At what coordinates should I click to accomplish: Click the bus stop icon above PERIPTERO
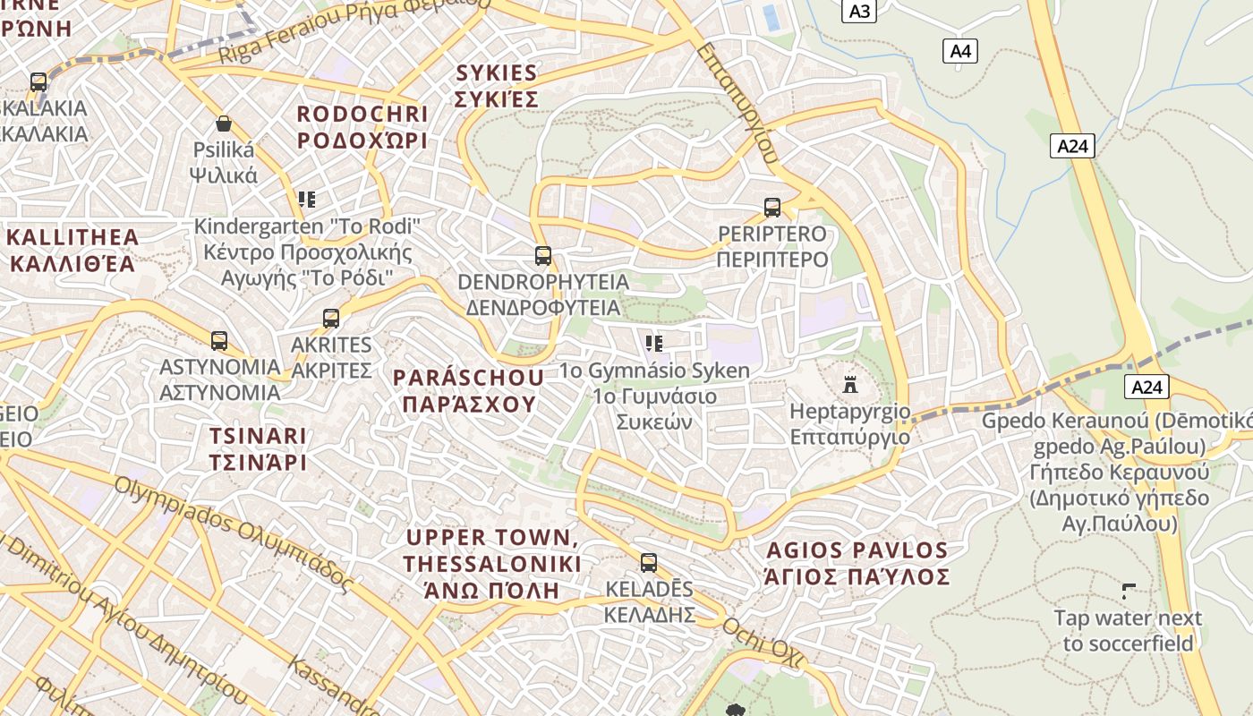(x=772, y=208)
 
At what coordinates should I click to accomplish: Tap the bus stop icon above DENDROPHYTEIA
(x=543, y=256)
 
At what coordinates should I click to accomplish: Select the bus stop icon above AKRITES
(x=331, y=319)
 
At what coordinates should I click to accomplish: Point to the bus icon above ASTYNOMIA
(x=219, y=341)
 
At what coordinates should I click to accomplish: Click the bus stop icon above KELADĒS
(x=649, y=563)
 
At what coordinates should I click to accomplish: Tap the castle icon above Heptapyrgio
(x=850, y=386)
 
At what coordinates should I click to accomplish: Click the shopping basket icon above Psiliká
(x=224, y=124)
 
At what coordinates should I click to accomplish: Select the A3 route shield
(x=859, y=12)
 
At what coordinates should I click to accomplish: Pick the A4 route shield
(x=960, y=51)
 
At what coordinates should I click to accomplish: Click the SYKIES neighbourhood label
(x=496, y=86)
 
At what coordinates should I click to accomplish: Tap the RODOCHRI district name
(x=362, y=127)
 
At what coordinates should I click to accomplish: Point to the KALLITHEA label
(x=73, y=251)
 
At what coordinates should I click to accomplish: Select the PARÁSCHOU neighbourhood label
(x=469, y=390)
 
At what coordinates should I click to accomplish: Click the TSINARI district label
(x=258, y=449)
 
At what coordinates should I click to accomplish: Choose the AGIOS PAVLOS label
(x=857, y=562)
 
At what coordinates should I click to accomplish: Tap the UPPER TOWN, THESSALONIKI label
(x=491, y=564)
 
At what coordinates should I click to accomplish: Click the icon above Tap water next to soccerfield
(x=1129, y=591)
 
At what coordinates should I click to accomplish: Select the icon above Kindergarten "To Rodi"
(x=307, y=200)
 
